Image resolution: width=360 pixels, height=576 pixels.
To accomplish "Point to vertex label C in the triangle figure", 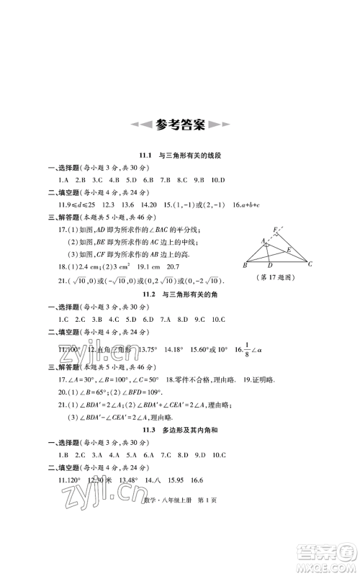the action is pyautogui.click(x=309, y=264).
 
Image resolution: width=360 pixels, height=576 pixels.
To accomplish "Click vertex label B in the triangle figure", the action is pyautogui.click(x=246, y=265).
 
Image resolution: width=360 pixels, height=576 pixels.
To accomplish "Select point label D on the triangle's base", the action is pyautogui.click(x=269, y=265).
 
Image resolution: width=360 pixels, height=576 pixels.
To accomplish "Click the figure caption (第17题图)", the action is pyautogui.click(x=276, y=278).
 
